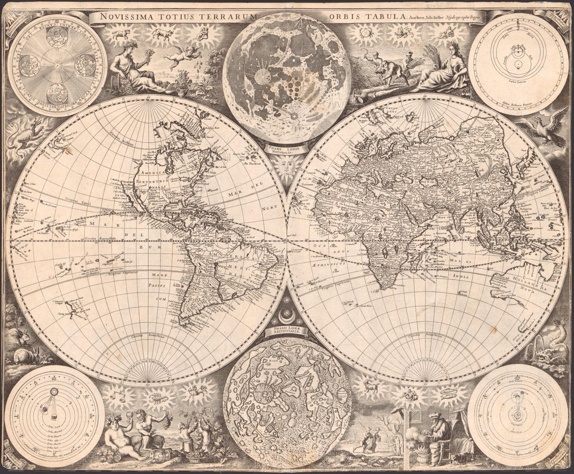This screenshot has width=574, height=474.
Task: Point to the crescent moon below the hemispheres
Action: click(x=287, y=314)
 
